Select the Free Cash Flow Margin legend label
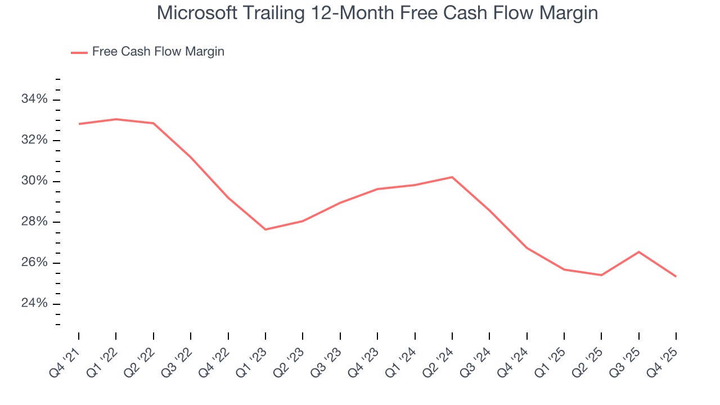[x=158, y=52]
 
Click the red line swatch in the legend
[x=79, y=52]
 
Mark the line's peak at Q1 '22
[x=116, y=119]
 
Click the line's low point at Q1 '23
[x=265, y=229]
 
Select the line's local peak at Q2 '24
[x=452, y=177]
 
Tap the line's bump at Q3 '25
[x=638, y=251]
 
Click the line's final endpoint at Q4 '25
[x=676, y=276]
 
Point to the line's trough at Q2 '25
[x=601, y=275]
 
